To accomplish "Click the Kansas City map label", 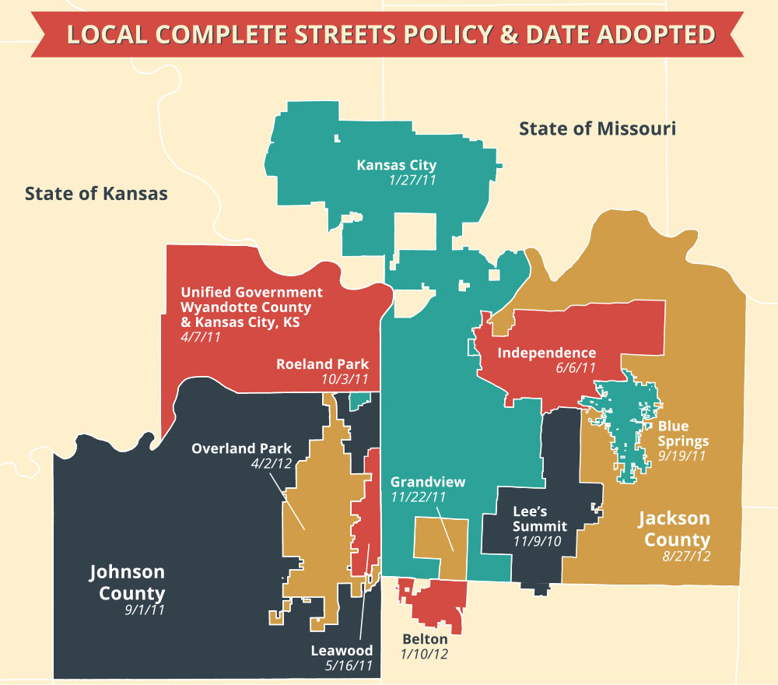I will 396,165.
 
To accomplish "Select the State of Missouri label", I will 598,128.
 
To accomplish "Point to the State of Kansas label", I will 96,193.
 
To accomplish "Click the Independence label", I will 546,353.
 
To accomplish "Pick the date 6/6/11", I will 575,368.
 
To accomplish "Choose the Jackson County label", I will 675,529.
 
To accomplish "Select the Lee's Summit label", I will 540,519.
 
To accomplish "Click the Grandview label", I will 428,482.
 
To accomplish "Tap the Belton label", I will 425,639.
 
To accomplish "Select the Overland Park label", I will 241,448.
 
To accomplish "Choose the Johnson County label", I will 127,582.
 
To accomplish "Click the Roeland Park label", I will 322,364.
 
